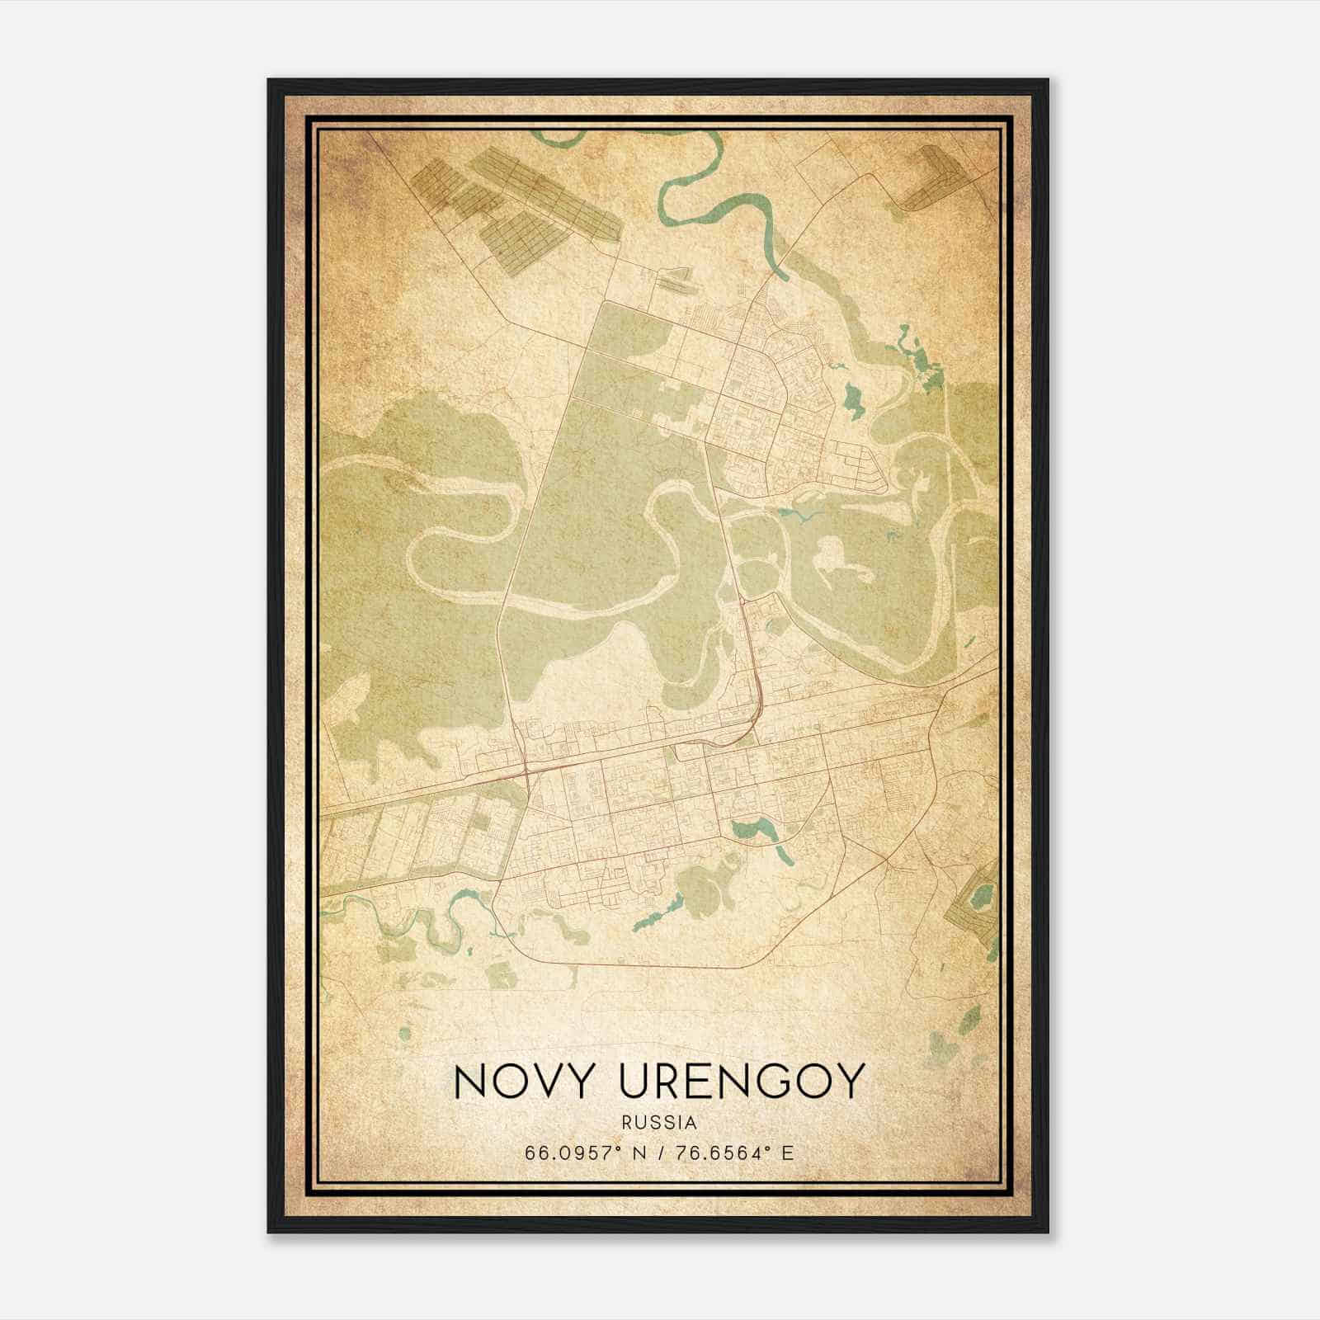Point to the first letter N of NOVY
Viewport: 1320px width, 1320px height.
pos(470,1081)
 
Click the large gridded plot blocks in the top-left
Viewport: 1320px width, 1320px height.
pos(511,206)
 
